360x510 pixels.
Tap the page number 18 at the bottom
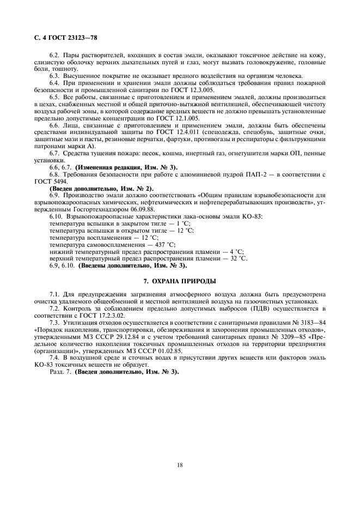tap(179, 465)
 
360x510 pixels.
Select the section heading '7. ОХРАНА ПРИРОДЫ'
tap(179, 281)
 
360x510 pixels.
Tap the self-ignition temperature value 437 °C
tap(164, 245)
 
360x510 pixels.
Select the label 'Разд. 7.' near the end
tap(60, 372)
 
